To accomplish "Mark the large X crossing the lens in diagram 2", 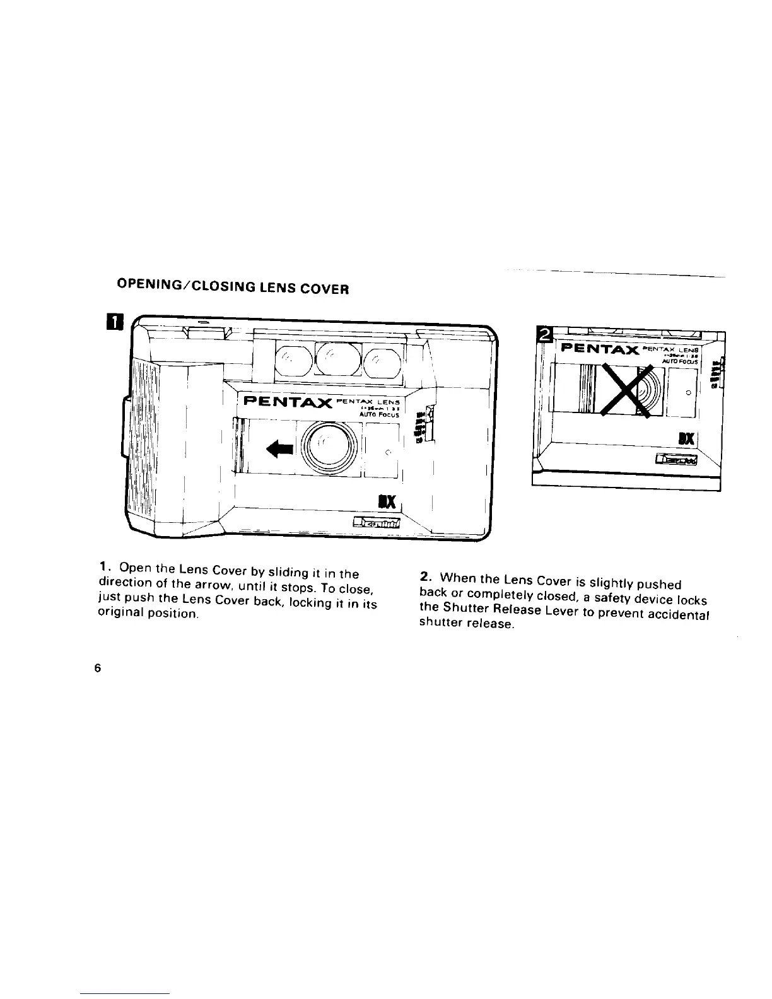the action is point(622,390).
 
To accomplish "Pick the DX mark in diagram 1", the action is point(387,501).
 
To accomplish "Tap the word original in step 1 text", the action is point(120,613).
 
